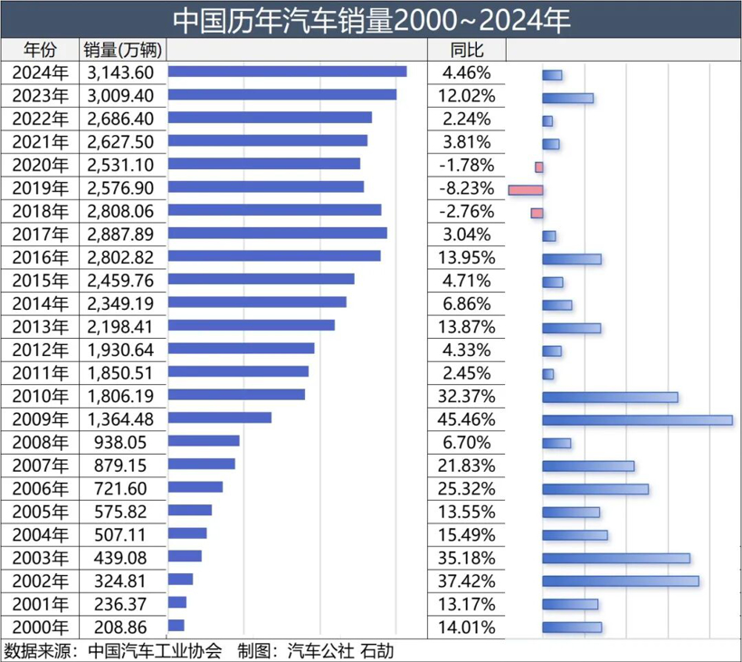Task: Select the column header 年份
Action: pyautogui.click(x=40, y=50)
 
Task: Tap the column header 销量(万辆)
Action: pyautogui.click(x=121, y=50)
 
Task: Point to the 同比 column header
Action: pyautogui.click(x=465, y=50)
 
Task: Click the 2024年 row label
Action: pyautogui.click(x=40, y=73)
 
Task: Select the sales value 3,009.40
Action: pyautogui.click(x=121, y=96)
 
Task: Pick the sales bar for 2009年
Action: pyautogui.click(x=220, y=417)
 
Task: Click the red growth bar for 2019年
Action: pyautogui.click(x=525, y=190)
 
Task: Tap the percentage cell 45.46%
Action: pyautogui.click(x=465, y=419)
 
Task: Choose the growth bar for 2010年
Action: pyautogui.click(x=610, y=397)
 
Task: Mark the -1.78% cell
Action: pyautogui.click(x=465, y=166)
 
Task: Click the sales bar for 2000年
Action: pyautogui.click(x=176, y=625)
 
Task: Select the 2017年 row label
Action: pyautogui.click(x=40, y=235)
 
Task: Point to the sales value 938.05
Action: pyautogui.click(x=121, y=442)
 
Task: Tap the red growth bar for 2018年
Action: pyautogui.click(x=537, y=213)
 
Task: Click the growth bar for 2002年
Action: pyautogui.click(x=620, y=580)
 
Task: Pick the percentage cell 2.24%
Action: pyautogui.click(x=465, y=119)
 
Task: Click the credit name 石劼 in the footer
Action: pyautogui.click(x=377, y=650)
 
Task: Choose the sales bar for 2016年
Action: pyautogui.click(x=274, y=256)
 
